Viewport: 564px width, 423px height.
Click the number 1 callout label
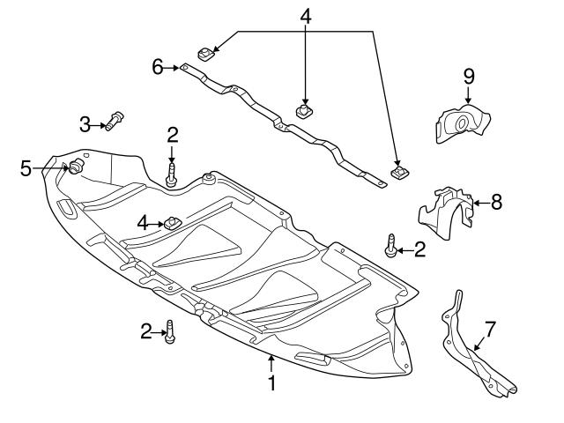[272, 383]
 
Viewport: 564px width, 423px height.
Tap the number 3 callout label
[85, 123]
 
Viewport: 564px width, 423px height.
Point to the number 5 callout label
[26, 166]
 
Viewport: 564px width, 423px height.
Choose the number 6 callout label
[158, 66]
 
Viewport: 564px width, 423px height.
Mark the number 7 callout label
[490, 329]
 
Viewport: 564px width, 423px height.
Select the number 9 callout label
[469, 75]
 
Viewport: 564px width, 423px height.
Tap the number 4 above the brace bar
[305, 17]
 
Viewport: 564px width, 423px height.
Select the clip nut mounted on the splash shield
[171, 221]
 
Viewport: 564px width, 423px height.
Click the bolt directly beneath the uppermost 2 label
[172, 174]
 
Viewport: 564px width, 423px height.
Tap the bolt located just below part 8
[389, 248]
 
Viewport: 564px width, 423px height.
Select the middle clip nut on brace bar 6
[305, 111]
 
